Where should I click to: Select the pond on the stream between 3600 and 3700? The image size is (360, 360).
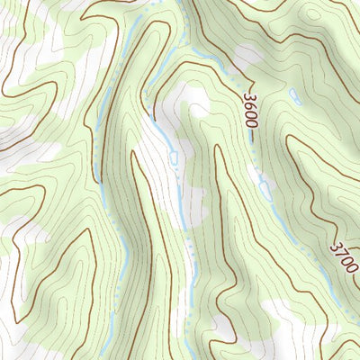[265, 188]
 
